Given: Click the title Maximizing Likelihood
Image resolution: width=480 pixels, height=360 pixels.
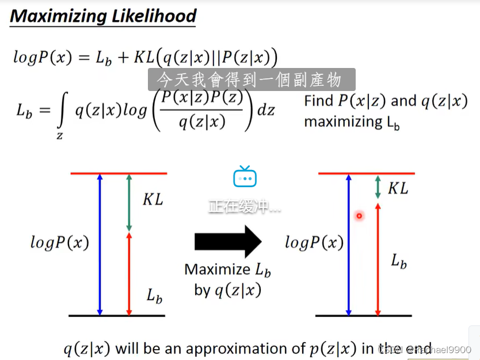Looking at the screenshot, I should (103, 16).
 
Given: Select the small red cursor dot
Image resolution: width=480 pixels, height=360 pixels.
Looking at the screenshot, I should (359, 216).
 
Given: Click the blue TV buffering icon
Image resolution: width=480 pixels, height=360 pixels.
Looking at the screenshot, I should (245, 177).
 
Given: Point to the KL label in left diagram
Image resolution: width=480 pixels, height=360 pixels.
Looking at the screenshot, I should (153, 200).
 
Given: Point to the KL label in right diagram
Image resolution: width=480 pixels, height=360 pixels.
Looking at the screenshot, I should (398, 188).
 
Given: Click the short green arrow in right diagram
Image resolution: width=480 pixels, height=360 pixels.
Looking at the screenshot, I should (378, 187).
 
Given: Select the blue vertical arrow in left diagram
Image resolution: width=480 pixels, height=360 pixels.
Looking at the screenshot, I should (100, 244).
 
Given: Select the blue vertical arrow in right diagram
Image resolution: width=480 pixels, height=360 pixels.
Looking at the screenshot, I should (348, 244).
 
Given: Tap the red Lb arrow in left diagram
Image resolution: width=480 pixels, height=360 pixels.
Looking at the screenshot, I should (129, 274).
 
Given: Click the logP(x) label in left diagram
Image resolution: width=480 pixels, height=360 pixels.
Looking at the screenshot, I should (60, 243).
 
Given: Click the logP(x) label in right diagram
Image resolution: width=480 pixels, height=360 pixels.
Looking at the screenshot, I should (314, 242).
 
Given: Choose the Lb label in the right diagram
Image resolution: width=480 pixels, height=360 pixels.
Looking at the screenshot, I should (399, 262).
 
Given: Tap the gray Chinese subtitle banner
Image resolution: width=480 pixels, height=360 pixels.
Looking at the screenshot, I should (251, 79).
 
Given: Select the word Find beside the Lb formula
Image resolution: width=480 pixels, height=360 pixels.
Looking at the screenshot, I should (318, 101).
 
